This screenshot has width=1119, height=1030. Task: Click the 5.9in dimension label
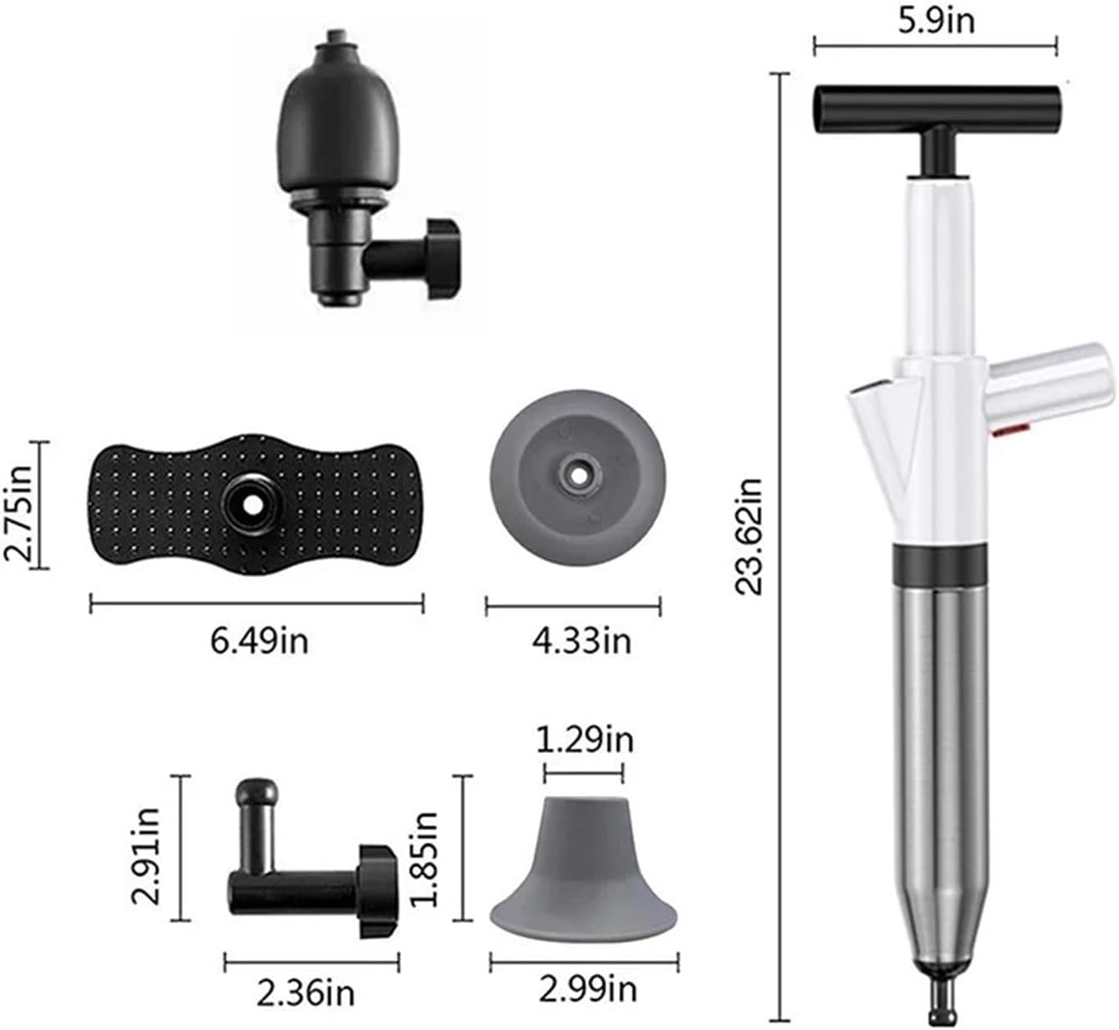[x=936, y=21]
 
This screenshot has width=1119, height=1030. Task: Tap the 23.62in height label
[x=748, y=536]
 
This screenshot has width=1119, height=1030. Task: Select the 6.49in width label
[x=258, y=641]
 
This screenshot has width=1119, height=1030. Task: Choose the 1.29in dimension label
[x=585, y=740]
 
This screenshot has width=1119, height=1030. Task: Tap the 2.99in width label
[x=587, y=990]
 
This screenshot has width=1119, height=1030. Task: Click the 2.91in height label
[x=146, y=856]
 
